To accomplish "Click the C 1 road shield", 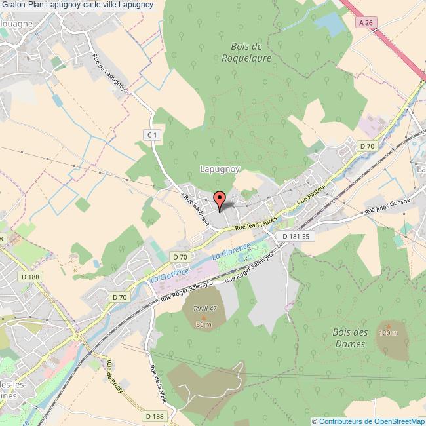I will (151, 134).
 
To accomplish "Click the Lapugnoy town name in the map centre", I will (220, 168).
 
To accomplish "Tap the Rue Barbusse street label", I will (196, 211).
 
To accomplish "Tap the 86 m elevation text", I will (203, 324).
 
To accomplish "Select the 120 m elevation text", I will (388, 333).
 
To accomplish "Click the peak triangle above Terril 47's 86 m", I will (203, 317).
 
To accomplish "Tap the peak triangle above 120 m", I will (388, 326).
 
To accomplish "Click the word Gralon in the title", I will (14, 5).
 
